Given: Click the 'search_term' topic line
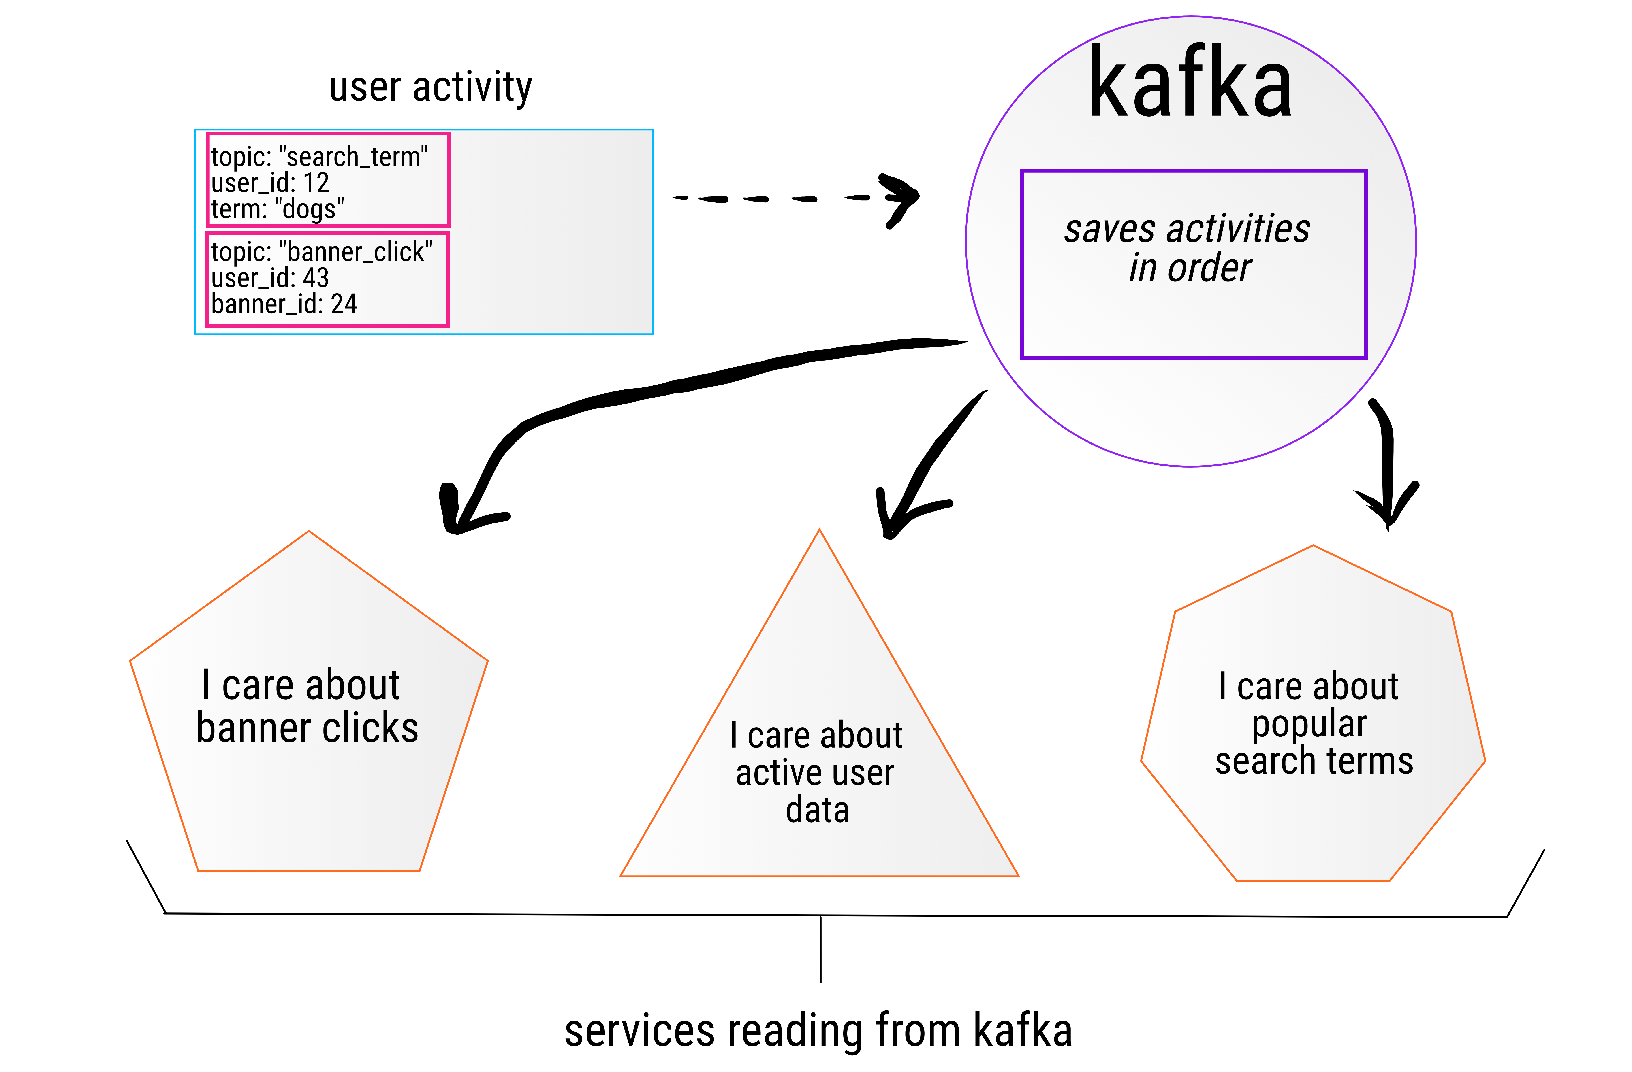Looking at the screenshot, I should coord(319,157).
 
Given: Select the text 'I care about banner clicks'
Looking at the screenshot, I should coord(307,706).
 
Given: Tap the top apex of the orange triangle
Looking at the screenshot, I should coord(819,531).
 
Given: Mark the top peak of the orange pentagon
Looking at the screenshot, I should coord(309,532).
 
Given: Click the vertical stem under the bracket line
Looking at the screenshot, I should coord(820,949).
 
